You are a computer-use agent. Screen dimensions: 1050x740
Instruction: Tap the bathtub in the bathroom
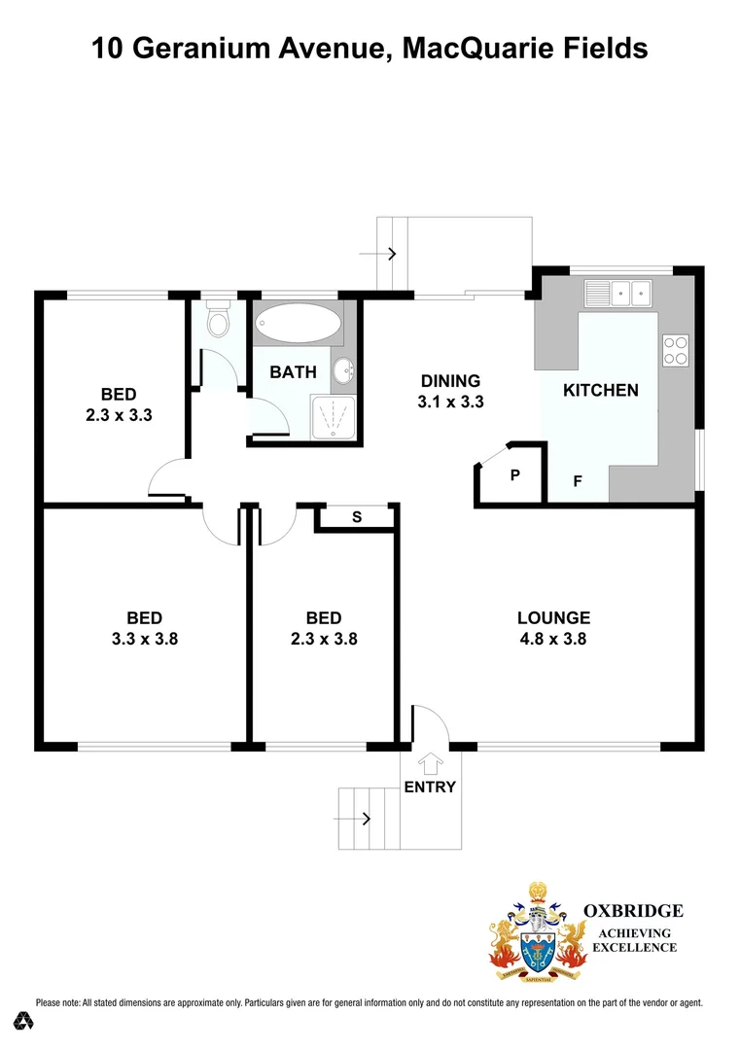[x=298, y=323]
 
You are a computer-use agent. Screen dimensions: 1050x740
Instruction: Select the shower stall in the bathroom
[x=333, y=415]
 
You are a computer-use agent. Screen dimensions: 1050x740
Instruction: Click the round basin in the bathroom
[x=343, y=370]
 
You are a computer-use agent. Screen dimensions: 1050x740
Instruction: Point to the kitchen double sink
[x=617, y=293]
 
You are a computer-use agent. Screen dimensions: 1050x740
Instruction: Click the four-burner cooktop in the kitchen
[x=675, y=349]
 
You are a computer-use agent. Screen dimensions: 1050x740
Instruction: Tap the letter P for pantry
[x=514, y=475]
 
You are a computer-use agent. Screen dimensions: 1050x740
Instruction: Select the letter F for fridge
[x=578, y=480]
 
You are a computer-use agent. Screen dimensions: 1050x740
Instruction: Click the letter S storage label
[x=356, y=517]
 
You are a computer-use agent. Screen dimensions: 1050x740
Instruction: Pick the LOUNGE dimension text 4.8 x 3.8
[x=553, y=639]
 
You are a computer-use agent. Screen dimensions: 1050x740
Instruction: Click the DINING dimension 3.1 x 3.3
[x=450, y=401]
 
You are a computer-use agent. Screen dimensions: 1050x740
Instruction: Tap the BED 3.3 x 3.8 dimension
[x=144, y=639]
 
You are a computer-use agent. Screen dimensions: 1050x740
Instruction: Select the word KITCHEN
[x=601, y=390]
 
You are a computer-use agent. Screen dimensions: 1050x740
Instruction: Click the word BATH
[x=293, y=372]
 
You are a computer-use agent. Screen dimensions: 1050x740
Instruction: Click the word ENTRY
[x=430, y=787]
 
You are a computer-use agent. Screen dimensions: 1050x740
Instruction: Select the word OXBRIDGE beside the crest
[x=632, y=911]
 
